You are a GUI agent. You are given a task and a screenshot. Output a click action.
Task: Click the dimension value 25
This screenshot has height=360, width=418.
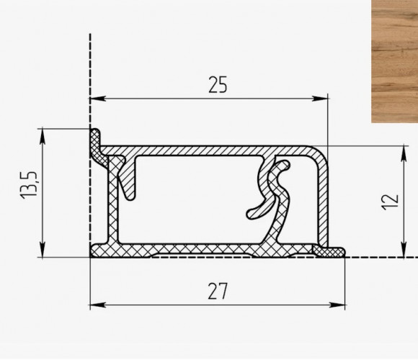pos(218,85)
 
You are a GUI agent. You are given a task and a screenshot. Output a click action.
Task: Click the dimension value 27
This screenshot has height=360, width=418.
pos(218,291)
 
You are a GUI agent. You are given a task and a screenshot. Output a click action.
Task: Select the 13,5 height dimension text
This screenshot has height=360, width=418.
pos(28,184)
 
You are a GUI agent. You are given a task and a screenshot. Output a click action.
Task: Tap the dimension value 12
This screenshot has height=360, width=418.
pos(391,202)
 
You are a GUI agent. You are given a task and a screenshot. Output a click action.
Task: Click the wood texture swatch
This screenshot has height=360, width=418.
pos(394,61)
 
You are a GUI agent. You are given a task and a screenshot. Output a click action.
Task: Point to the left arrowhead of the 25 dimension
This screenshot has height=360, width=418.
pos(98,99)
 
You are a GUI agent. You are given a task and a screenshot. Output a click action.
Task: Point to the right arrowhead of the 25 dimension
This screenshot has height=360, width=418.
pos(320,99)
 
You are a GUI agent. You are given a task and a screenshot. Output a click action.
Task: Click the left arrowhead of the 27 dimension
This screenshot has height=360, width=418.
pos(98,305)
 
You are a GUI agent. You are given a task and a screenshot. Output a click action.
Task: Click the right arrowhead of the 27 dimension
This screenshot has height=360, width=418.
pos(337,305)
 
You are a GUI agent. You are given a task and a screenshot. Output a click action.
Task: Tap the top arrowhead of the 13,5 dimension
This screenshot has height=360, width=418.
pos(43,136)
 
